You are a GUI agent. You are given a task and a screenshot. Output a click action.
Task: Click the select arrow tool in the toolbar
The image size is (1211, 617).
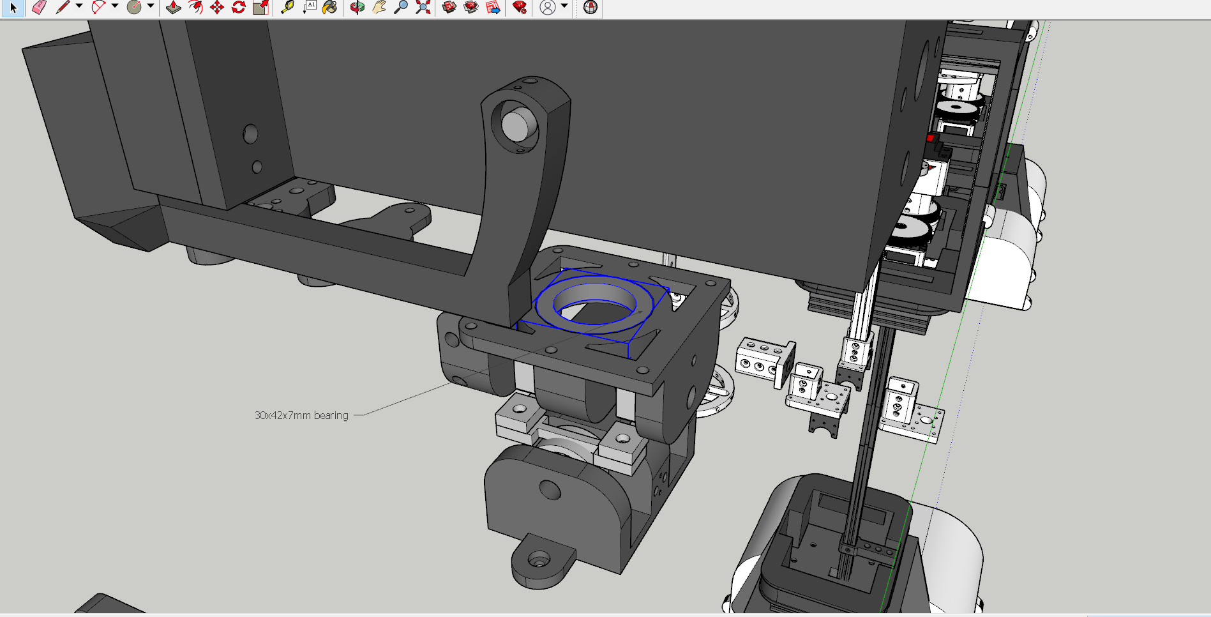click(x=13, y=8)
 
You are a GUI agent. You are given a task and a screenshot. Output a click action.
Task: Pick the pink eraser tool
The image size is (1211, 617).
click(x=40, y=8)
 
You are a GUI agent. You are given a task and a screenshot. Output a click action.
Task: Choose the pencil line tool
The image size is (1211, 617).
click(x=63, y=8)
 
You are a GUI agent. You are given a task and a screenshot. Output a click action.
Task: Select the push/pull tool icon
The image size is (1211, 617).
click(x=173, y=8)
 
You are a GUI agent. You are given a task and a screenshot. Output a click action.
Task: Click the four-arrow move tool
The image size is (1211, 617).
click(x=217, y=8)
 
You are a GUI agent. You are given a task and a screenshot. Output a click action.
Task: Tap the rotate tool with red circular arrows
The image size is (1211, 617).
click(x=239, y=8)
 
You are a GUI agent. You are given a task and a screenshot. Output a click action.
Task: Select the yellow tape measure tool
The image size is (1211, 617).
click(x=287, y=8)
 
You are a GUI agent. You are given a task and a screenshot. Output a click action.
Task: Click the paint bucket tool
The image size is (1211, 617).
click(x=329, y=8)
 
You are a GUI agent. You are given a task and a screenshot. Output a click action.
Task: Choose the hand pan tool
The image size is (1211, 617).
click(x=379, y=8)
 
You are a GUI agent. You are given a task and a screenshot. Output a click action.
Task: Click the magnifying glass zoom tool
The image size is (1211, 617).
click(x=401, y=8)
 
